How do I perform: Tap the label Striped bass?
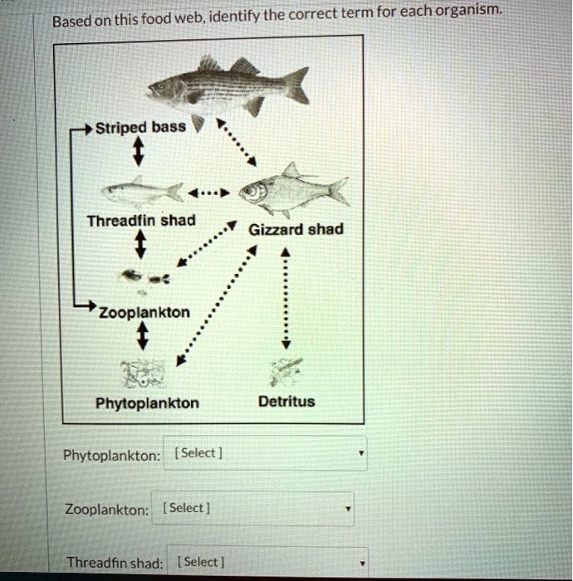tap(133, 129)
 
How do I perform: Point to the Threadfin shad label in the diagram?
tap(142, 221)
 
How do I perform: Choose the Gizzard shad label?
tap(296, 229)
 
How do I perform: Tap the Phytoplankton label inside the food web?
tap(147, 403)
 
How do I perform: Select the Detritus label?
tap(286, 402)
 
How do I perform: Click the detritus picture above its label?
tap(286, 369)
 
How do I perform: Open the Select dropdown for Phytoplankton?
tap(265, 454)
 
